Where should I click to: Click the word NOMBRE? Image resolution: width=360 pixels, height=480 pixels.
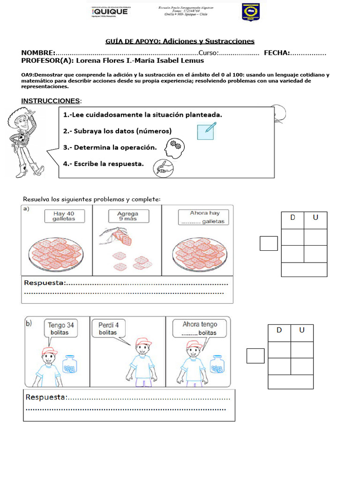(x=38, y=52)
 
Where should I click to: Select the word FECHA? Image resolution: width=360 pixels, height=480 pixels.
(x=277, y=52)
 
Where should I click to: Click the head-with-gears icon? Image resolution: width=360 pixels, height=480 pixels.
(x=174, y=148)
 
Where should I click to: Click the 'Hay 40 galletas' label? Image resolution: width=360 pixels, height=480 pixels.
(x=64, y=216)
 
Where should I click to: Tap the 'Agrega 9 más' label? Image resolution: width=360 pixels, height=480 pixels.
(x=127, y=216)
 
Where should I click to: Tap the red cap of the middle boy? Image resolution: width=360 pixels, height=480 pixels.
(x=142, y=343)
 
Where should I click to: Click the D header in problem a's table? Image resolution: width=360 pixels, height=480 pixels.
(x=292, y=217)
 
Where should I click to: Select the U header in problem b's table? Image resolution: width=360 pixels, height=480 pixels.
(x=302, y=330)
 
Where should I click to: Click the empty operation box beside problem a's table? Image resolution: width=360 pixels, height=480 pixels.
(x=269, y=243)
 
